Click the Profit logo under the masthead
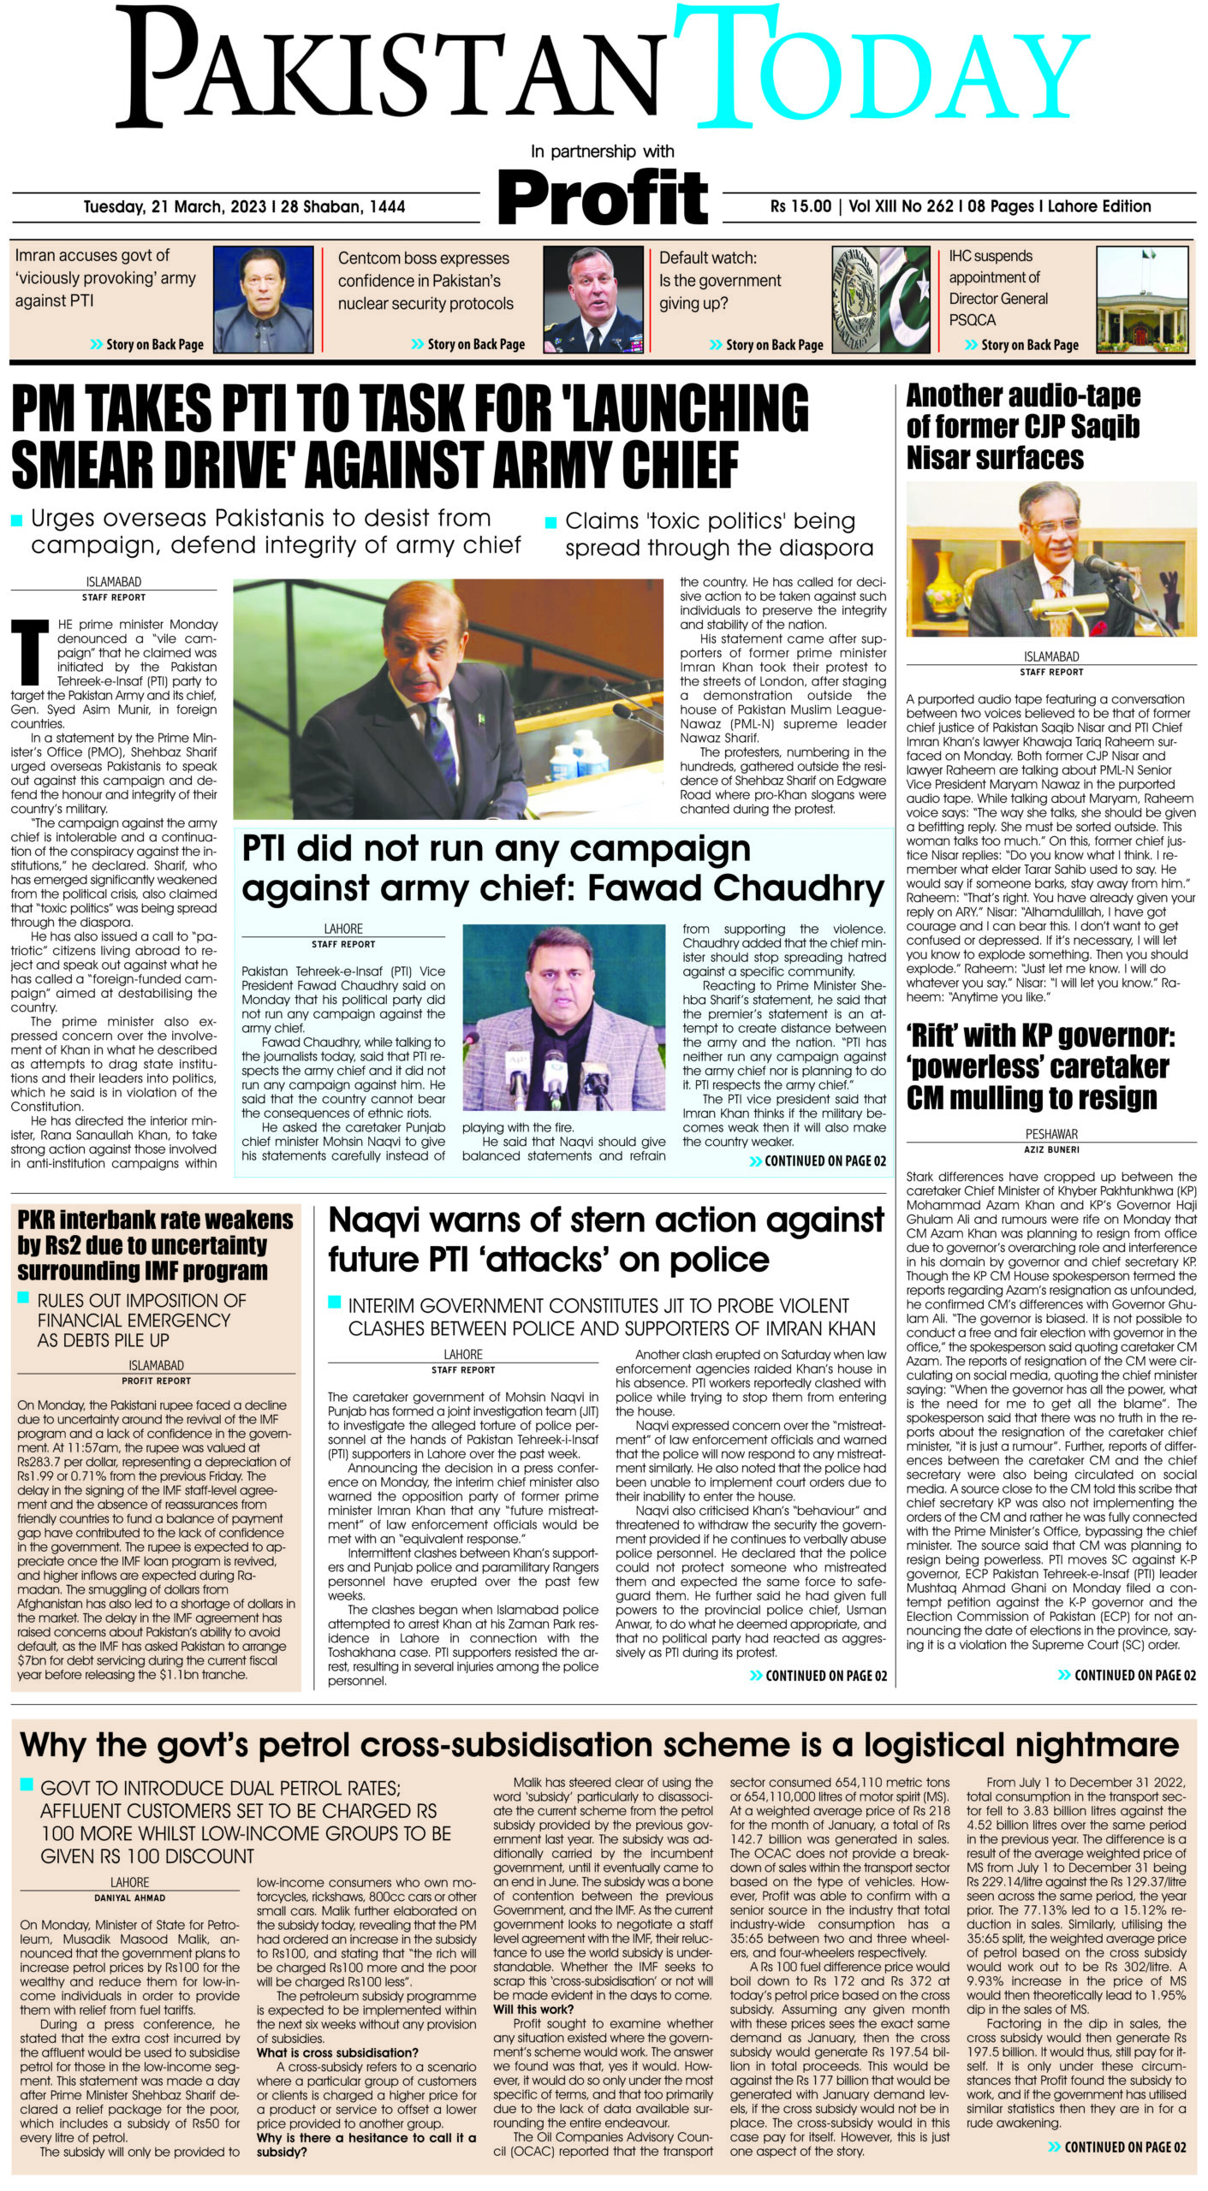coord(603,197)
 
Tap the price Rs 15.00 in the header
coord(800,206)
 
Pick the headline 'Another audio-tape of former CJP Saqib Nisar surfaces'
coord(1023,426)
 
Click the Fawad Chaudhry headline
coord(562,868)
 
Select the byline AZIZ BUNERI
coord(1051,1149)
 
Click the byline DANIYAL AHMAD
coord(130,1897)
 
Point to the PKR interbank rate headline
coord(155,1244)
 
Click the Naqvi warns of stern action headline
coord(605,1239)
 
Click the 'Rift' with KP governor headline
coord(1040,1066)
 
